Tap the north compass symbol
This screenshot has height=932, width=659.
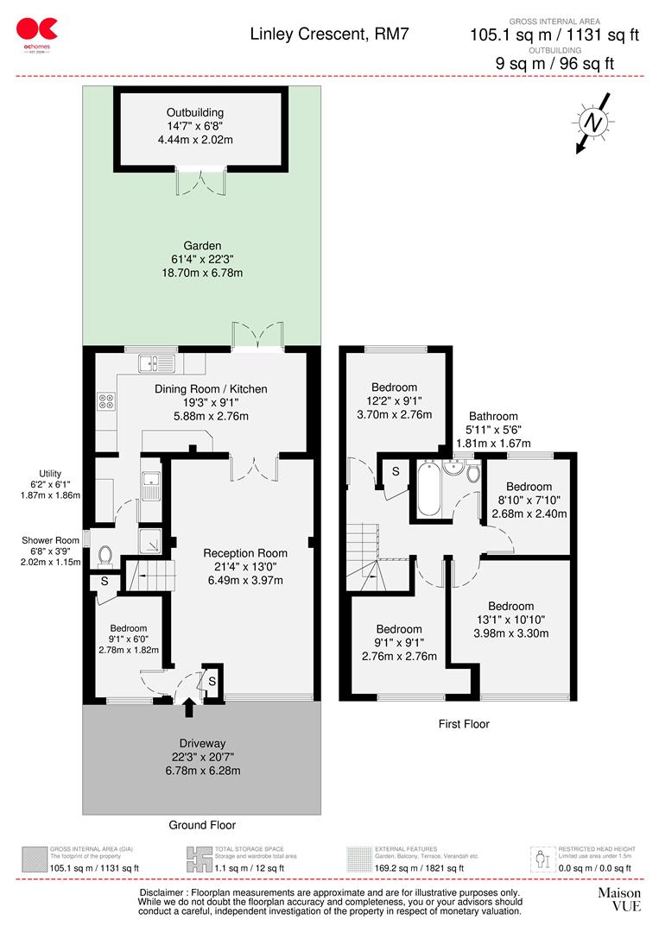click(x=593, y=123)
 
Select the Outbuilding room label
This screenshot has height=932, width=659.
click(x=195, y=112)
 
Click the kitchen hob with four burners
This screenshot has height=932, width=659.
click(x=108, y=400)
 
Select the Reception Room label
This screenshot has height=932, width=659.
click(x=245, y=553)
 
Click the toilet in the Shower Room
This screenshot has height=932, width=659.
click(x=105, y=554)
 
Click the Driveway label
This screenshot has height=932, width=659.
click(x=203, y=743)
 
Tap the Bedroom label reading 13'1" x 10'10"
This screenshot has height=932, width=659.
click(x=510, y=606)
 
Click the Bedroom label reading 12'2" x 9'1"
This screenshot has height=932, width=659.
click(x=394, y=387)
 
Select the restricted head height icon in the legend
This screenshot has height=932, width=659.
click(x=542, y=858)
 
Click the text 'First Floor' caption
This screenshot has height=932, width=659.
click(x=463, y=724)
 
